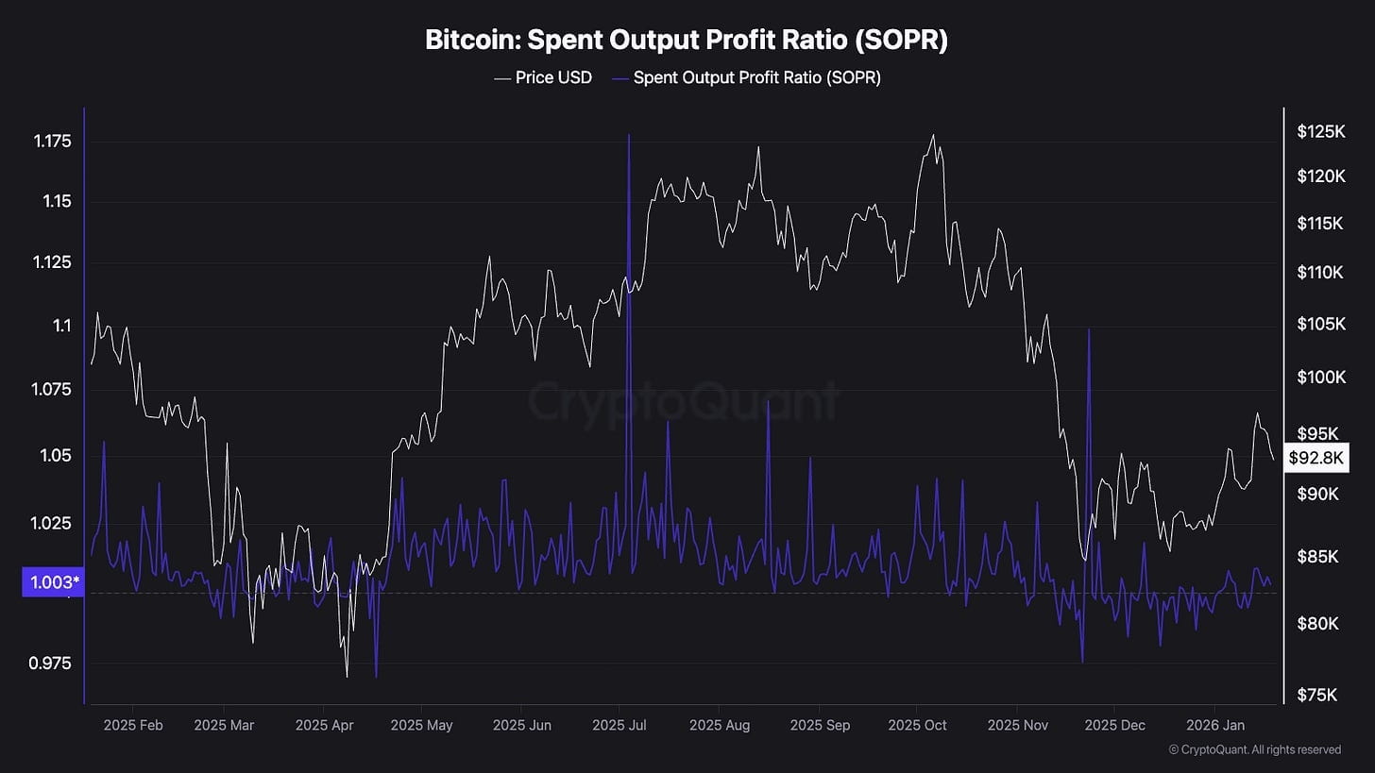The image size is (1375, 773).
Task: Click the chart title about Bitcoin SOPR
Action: pos(687,41)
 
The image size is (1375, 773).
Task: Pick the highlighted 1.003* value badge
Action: pos(51,582)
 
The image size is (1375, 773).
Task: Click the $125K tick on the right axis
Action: pos(1321,132)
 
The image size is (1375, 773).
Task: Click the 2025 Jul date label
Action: pos(620,725)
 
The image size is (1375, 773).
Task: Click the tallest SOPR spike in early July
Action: pos(629,135)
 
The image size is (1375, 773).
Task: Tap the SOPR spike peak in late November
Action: pos(1089,329)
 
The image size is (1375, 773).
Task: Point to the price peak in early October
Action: pos(933,135)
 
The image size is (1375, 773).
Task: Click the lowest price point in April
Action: pos(347,677)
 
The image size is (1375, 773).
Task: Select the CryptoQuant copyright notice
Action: pos(1254,749)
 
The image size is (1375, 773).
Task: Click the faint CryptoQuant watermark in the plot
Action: pos(683,401)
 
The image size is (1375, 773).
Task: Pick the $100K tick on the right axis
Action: pos(1321,378)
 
